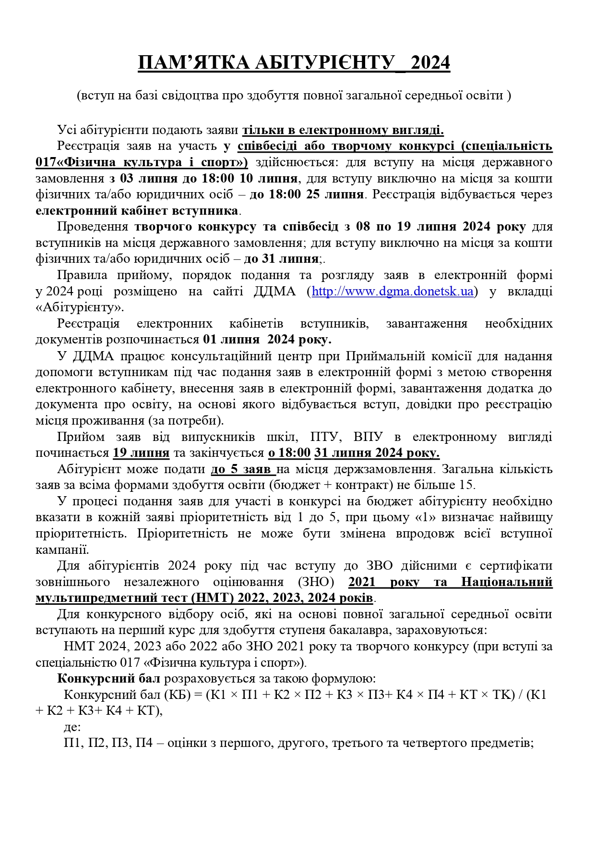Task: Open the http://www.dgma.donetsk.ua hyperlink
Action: pos(393,291)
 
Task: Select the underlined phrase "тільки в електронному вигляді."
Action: pos(343,130)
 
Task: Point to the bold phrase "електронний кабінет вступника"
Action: pos(137,211)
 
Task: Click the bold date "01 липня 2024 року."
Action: pos(267,340)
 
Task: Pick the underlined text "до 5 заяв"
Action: pos(243,469)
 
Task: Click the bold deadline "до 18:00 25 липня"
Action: pos(306,195)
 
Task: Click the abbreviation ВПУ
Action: pos(368,437)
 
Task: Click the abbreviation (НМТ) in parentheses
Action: pos(208,598)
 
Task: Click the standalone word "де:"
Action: pos(72,727)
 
